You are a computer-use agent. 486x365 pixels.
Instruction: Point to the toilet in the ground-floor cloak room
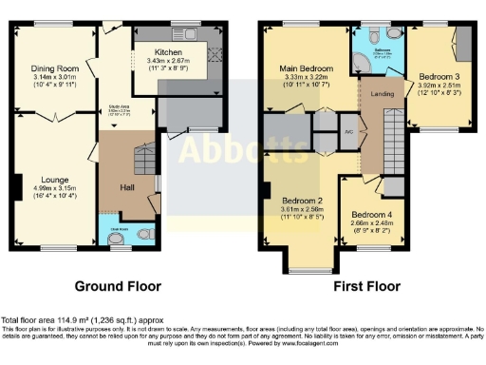[142, 232]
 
